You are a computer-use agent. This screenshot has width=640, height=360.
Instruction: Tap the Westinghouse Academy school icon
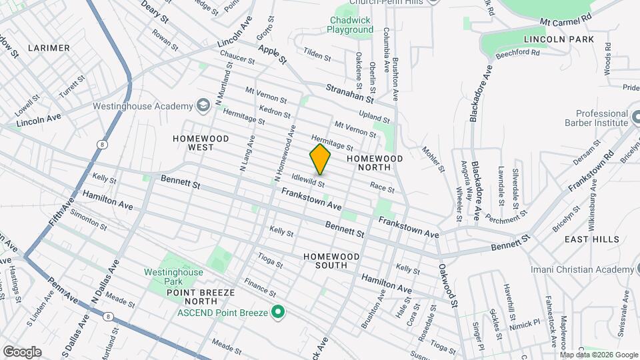(x=203, y=105)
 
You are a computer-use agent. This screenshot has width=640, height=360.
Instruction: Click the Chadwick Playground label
(x=351, y=25)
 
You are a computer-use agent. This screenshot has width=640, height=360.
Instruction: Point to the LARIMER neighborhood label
(x=49, y=48)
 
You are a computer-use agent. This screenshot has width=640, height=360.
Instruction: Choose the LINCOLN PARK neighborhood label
(x=559, y=39)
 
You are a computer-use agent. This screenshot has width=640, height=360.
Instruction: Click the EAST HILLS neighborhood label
(x=591, y=239)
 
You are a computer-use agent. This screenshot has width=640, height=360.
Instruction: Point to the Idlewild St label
(x=308, y=180)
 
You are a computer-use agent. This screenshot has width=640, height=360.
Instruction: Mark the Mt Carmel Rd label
(x=567, y=22)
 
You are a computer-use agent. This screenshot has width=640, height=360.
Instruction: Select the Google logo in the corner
(x=22, y=351)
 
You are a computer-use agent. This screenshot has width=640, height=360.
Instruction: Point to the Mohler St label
(x=433, y=159)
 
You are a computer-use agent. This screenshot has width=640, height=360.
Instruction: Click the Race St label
(x=382, y=189)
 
